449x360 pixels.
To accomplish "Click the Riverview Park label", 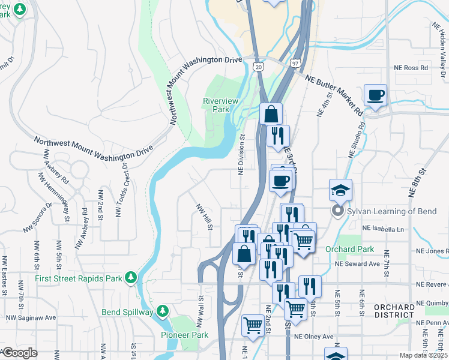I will [x=217, y=105].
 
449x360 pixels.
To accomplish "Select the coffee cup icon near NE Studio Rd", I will [x=375, y=95].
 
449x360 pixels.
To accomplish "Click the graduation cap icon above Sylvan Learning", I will [x=340, y=190].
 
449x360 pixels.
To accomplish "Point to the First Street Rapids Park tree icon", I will [x=130, y=277].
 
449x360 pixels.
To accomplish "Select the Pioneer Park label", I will [x=178, y=335].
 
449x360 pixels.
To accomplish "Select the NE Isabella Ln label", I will [x=383, y=229].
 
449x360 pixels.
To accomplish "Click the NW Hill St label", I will [x=204, y=216].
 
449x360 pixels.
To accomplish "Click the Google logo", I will [x=20, y=353].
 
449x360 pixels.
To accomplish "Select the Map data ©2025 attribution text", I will [x=424, y=355].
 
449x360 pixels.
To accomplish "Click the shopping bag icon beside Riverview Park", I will [x=271, y=113].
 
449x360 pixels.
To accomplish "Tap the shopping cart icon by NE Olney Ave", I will [x=253, y=325].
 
